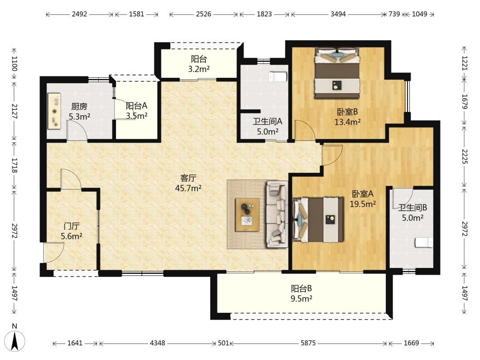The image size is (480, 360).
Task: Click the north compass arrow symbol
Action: pyautogui.click(x=15, y=340)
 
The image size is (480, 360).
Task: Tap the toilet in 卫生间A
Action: pyautogui.click(x=278, y=76)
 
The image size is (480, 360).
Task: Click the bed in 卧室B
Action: pyautogui.click(x=337, y=73)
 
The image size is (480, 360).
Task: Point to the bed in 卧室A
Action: pyautogui.click(x=318, y=220)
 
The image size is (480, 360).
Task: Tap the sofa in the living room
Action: pyautogui.click(x=277, y=214)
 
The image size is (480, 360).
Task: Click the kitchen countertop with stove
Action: pyautogui.click(x=54, y=112)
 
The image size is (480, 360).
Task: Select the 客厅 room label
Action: pyautogui.click(x=188, y=178)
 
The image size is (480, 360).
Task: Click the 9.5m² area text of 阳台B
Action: pyautogui.click(x=301, y=299)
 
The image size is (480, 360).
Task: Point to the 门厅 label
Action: pyautogui.click(x=71, y=226)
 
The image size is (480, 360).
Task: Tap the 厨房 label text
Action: pyautogui.click(x=79, y=107)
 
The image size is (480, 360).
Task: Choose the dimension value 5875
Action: pyautogui.click(x=308, y=343)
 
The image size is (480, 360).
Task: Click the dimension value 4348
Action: pyautogui.click(x=157, y=343)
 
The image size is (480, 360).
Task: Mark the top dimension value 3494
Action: pyautogui.click(x=338, y=14)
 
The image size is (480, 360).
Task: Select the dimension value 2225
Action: pyautogui.click(x=465, y=156)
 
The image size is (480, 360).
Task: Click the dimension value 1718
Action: pyautogui.click(x=14, y=165)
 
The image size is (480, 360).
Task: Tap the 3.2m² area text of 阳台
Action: pyautogui.click(x=199, y=69)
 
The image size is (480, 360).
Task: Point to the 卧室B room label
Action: pyautogui.click(x=348, y=112)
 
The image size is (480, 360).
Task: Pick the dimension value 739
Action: pyautogui.click(x=394, y=14)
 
